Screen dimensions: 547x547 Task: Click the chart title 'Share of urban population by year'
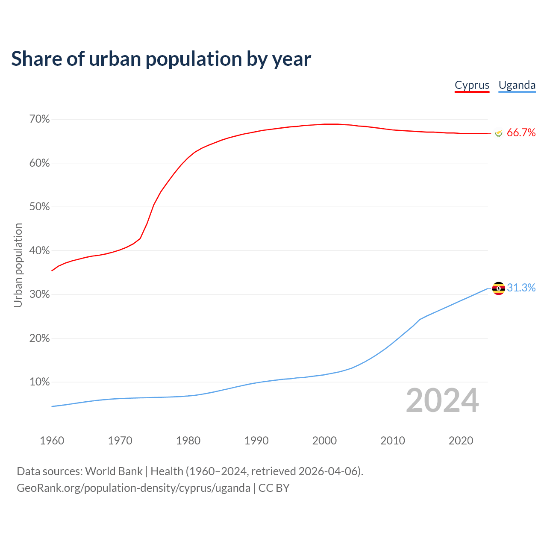pyautogui.click(x=161, y=59)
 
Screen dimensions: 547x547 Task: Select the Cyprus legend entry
pyautogui.click(x=472, y=85)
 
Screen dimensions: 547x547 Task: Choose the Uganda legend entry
pyautogui.click(x=517, y=85)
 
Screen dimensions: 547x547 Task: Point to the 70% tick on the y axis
pyautogui.click(x=40, y=119)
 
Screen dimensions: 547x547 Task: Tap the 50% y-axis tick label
pyautogui.click(x=40, y=207)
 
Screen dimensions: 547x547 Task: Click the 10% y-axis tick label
pyautogui.click(x=40, y=382)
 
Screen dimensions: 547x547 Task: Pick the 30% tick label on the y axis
pyautogui.click(x=40, y=294)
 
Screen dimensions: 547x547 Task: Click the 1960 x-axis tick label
pyautogui.click(x=52, y=441)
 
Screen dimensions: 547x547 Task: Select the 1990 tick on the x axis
pyautogui.click(x=256, y=441)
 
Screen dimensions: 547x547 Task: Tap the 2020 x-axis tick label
pyautogui.click(x=461, y=441)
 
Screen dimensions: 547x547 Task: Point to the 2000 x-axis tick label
pyautogui.click(x=324, y=441)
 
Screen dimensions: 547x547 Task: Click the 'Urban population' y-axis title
pyautogui.click(x=18, y=265)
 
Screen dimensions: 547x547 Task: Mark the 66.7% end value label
pyautogui.click(x=521, y=133)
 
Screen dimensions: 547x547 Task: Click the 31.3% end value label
pyautogui.click(x=521, y=288)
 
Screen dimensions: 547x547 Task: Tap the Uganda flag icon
pyautogui.click(x=498, y=288)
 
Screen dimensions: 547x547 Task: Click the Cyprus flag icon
pyautogui.click(x=498, y=133)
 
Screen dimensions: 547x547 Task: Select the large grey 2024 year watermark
pyautogui.click(x=442, y=400)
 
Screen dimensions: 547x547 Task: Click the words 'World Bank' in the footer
pyautogui.click(x=114, y=471)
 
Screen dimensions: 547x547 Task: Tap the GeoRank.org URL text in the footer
pyautogui.click(x=133, y=488)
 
